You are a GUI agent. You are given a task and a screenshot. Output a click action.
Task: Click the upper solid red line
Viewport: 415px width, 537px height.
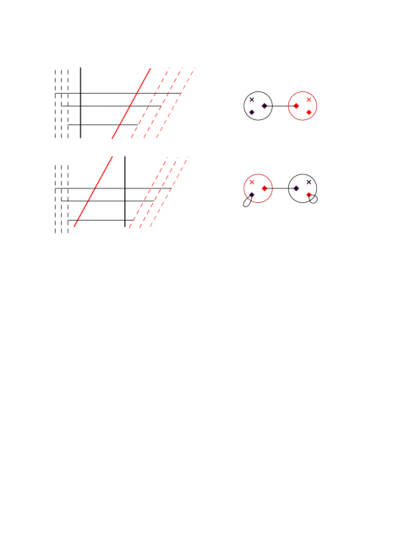click(131, 103)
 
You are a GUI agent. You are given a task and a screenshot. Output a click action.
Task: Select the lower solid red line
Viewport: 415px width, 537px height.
click(94, 191)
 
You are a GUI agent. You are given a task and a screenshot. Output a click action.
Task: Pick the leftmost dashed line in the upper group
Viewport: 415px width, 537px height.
click(150, 103)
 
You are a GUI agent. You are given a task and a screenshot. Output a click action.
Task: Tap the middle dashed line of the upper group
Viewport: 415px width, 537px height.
click(163, 103)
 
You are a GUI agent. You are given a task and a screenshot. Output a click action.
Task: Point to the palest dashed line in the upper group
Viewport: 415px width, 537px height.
click(176, 103)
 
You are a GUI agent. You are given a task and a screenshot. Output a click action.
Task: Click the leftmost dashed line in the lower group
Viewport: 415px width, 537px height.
click(147, 193)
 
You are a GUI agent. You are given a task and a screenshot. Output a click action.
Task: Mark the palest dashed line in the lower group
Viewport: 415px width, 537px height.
click(169, 192)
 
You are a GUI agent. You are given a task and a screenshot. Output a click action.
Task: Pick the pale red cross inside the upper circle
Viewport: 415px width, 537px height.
click(309, 100)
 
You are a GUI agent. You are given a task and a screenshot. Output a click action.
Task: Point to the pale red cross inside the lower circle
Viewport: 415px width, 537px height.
click(252, 182)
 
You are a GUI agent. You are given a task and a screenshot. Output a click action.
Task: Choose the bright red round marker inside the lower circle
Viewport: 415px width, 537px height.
click(265, 188)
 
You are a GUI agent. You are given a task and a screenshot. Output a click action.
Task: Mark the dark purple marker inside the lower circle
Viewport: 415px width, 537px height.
click(252, 195)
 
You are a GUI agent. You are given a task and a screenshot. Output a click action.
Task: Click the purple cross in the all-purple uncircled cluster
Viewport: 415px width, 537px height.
click(252, 100)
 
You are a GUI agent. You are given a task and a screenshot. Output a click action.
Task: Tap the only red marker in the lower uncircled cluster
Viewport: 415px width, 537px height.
click(309, 195)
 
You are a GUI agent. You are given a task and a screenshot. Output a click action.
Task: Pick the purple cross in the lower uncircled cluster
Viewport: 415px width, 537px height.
click(309, 182)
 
